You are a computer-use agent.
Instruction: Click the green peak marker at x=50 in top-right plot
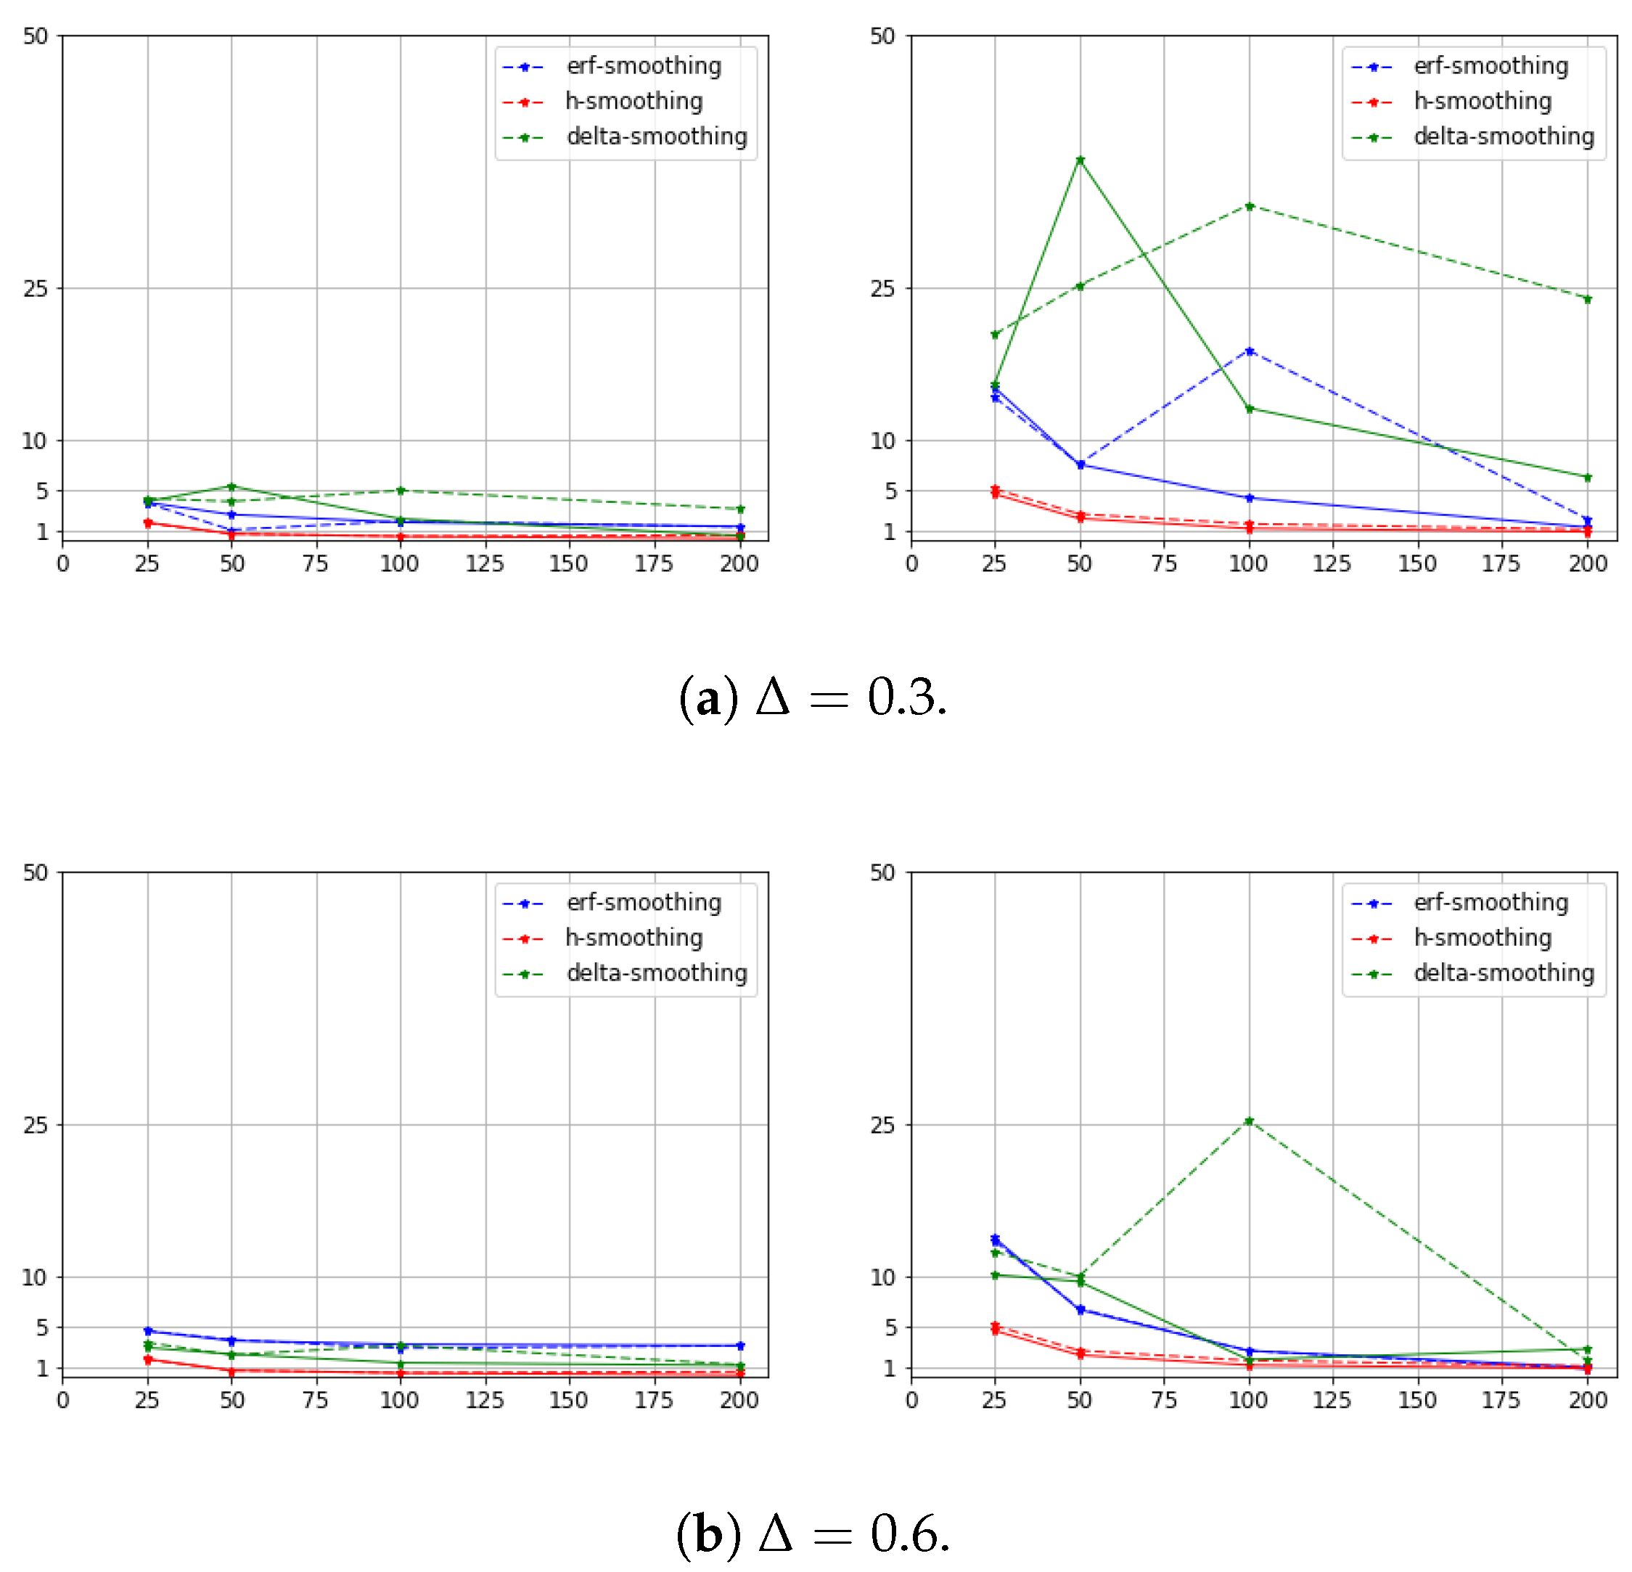[1080, 160]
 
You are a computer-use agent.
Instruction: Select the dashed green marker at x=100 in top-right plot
[1249, 205]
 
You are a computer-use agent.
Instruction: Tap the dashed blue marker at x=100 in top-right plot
[1249, 351]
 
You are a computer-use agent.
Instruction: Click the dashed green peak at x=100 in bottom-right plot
[1249, 1121]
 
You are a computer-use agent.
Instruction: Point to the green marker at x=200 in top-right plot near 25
[1587, 299]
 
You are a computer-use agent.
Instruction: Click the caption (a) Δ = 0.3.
[813, 697]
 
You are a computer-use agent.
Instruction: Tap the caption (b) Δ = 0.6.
[813, 1534]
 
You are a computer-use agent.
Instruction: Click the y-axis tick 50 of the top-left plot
[36, 36]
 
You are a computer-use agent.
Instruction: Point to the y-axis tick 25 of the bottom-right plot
[882, 1125]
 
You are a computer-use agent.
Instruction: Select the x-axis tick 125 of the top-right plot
[1332, 564]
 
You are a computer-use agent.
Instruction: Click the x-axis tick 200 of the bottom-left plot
[739, 1400]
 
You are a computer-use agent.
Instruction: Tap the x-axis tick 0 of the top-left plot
[63, 564]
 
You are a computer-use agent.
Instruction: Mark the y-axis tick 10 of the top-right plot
[882, 441]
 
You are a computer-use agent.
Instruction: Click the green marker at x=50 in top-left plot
[232, 487]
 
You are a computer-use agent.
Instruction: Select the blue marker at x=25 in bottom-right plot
[995, 1239]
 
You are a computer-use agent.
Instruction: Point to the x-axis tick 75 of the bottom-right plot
[1164, 1400]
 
